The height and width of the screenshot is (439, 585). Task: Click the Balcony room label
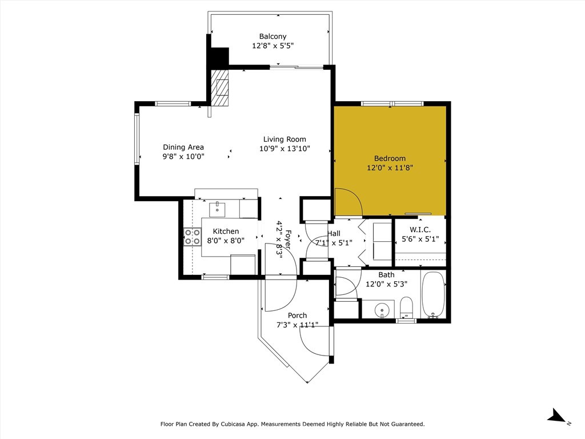273,37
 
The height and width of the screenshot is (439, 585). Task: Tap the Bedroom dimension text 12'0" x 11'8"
390,168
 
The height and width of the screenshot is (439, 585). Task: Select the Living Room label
285,139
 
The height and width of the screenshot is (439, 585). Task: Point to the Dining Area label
183,147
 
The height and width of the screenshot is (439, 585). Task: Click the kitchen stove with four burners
193,237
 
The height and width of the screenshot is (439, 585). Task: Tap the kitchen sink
217,209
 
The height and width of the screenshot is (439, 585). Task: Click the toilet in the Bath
406,308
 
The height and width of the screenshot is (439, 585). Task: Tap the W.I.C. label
420,230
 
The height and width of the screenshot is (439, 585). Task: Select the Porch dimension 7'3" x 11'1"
297,325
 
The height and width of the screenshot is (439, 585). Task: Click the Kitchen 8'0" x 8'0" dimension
226,241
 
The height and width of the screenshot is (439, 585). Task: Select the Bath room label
386,274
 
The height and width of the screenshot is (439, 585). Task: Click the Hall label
334,233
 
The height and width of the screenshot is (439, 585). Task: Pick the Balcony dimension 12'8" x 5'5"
273,46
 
